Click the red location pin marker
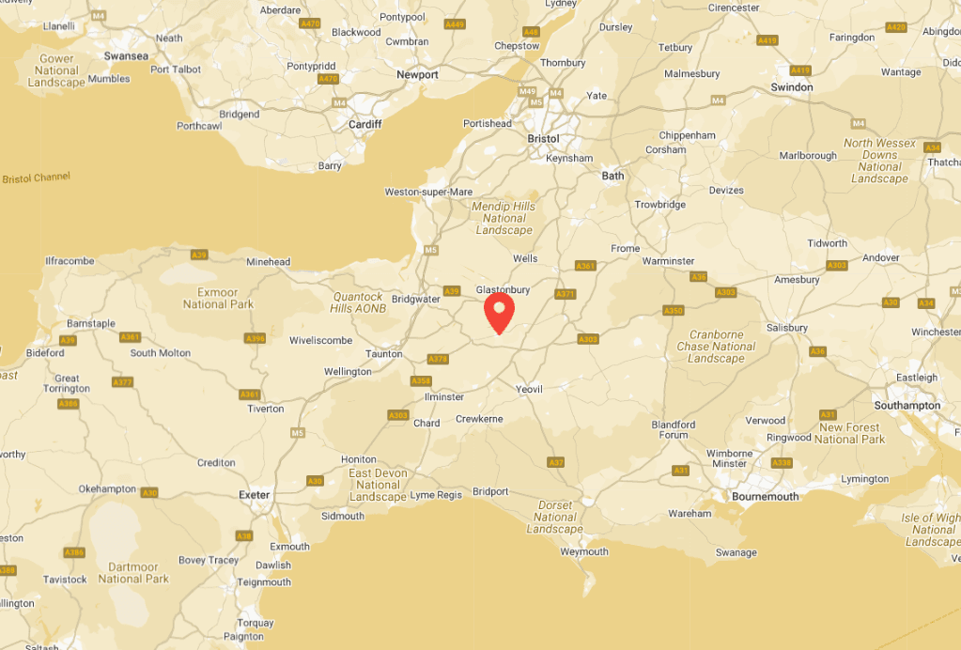pyautogui.click(x=498, y=311)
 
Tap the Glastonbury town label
pyautogui.click(x=504, y=290)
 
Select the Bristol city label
pyautogui.click(x=543, y=139)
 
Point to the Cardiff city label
pyautogui.click(x=364, y=124)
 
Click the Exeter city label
pyautogui.click(x=255, y=495)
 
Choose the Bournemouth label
pyautogui.click(x=765, y=497)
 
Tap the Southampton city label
pyautogui.click(x=907, y=406)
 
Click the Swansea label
pyautogui.click(x=126, y=56)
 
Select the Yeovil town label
pyautogui.click(x=529, y=389)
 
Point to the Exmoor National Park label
pyautogui.click(x=218, y=299)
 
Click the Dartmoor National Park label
pyautogui.click(x=133, y=573)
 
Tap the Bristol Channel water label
pyautogui.click(x=36, y=178)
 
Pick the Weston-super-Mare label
pyautogui.click(x=428, y=193)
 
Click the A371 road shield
pyautogui.click(x=565, y=294)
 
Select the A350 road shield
pyautogui.click(x=674, y=311)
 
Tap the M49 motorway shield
pyautogui.click(x=527, y=92)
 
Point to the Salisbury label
pyautogui.click(x=786, y=328)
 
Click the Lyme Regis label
pyautogui.click(x=436, y=495)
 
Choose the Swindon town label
pyautogui.click(x=792, y=87)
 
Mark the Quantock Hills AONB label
pyautogui.click(x=359, y=302)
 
